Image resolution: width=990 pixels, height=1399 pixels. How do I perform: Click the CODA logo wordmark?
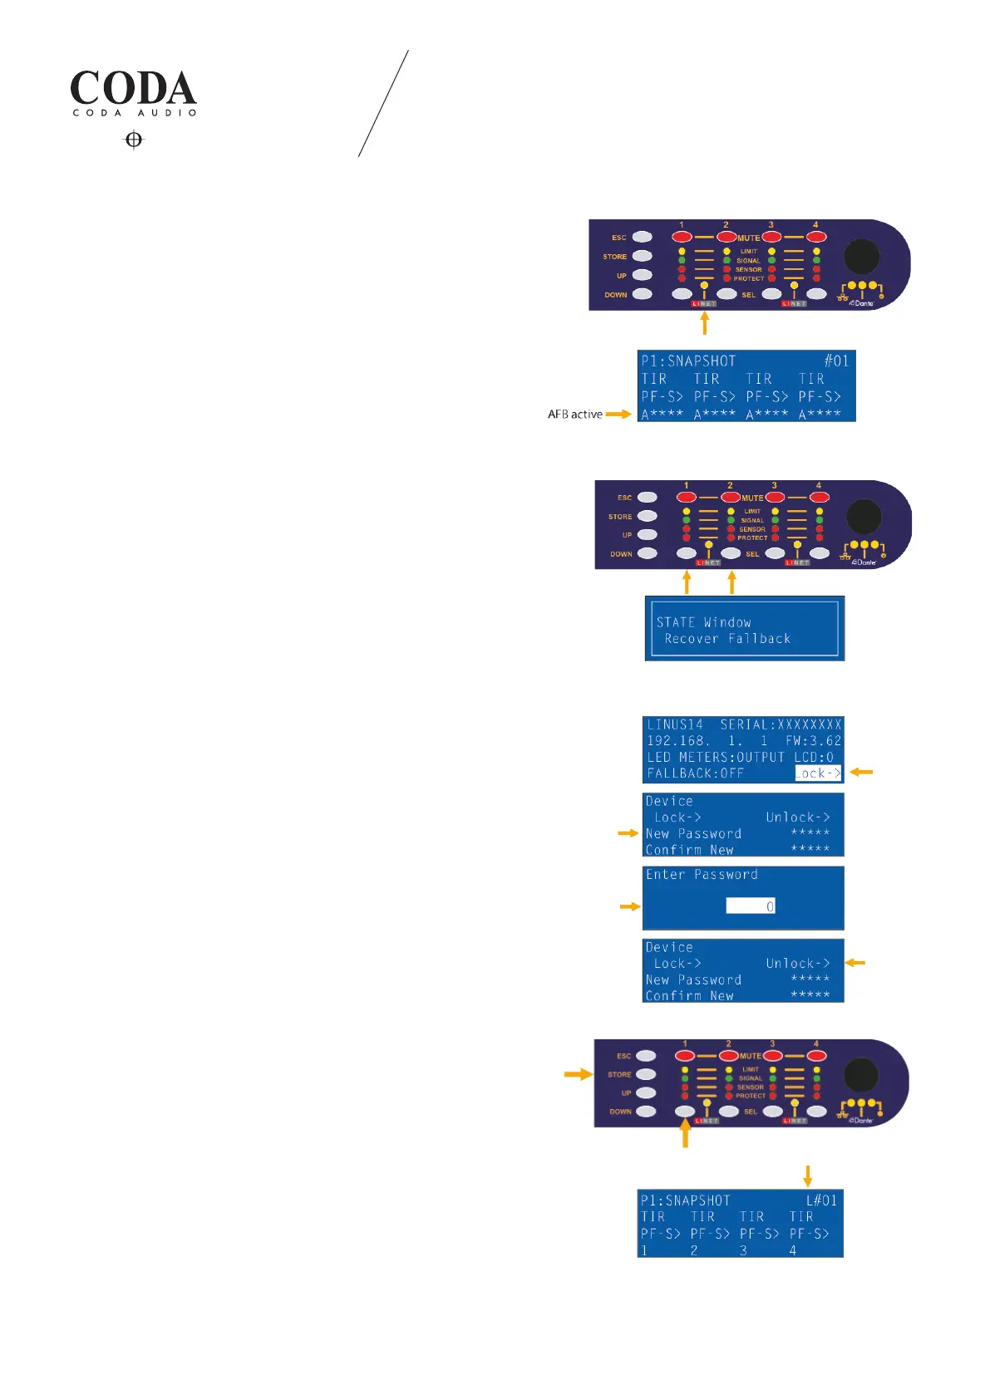click(133, 88)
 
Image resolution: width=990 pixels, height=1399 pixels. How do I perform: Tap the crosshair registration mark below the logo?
click(134, 140)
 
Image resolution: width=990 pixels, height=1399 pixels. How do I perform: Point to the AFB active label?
click(574, 414)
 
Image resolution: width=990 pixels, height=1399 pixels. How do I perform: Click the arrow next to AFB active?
click(618, 414)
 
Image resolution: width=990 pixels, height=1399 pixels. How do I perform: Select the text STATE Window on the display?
click(703, 622)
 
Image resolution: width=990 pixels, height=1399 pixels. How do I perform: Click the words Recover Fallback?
click(727, 639)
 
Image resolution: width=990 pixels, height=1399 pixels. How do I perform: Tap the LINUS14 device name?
click(675, 724)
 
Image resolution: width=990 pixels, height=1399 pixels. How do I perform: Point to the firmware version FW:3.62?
click(813, 740)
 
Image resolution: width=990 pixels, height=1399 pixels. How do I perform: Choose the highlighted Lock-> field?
click(818, 773)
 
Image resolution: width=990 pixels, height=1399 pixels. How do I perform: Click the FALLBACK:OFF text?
click(695, 773)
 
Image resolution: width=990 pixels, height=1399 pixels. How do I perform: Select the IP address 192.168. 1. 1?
click(707, 740)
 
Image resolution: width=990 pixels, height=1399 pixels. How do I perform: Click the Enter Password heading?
click(702, 875)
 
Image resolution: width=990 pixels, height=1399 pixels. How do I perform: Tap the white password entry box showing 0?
click(751, 906)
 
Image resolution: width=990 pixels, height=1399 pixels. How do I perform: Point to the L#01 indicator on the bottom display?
click(821, 1200)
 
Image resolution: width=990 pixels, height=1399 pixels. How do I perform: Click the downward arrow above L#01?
click(807, 1176)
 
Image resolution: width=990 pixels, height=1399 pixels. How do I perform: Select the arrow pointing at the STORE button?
click(578, 1074)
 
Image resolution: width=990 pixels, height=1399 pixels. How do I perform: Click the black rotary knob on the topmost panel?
click(862, 258)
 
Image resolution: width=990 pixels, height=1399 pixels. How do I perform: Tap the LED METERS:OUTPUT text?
click(716, 757)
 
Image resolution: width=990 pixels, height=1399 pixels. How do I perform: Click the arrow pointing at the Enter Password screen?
click(630, 906)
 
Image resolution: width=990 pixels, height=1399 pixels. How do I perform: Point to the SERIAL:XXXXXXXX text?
click(781, 724)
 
